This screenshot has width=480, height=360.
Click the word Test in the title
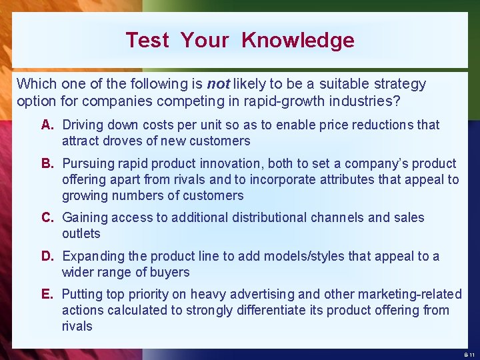147,40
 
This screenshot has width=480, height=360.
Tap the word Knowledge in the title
298,40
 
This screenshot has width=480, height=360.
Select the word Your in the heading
205,40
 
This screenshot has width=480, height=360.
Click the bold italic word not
219,84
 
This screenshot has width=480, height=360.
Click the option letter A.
47,125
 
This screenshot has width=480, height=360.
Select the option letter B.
47,163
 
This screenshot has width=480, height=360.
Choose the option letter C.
47,217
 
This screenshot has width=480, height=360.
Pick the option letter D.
47,256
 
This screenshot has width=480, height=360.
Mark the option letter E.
47,294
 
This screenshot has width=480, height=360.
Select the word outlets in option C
81,233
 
